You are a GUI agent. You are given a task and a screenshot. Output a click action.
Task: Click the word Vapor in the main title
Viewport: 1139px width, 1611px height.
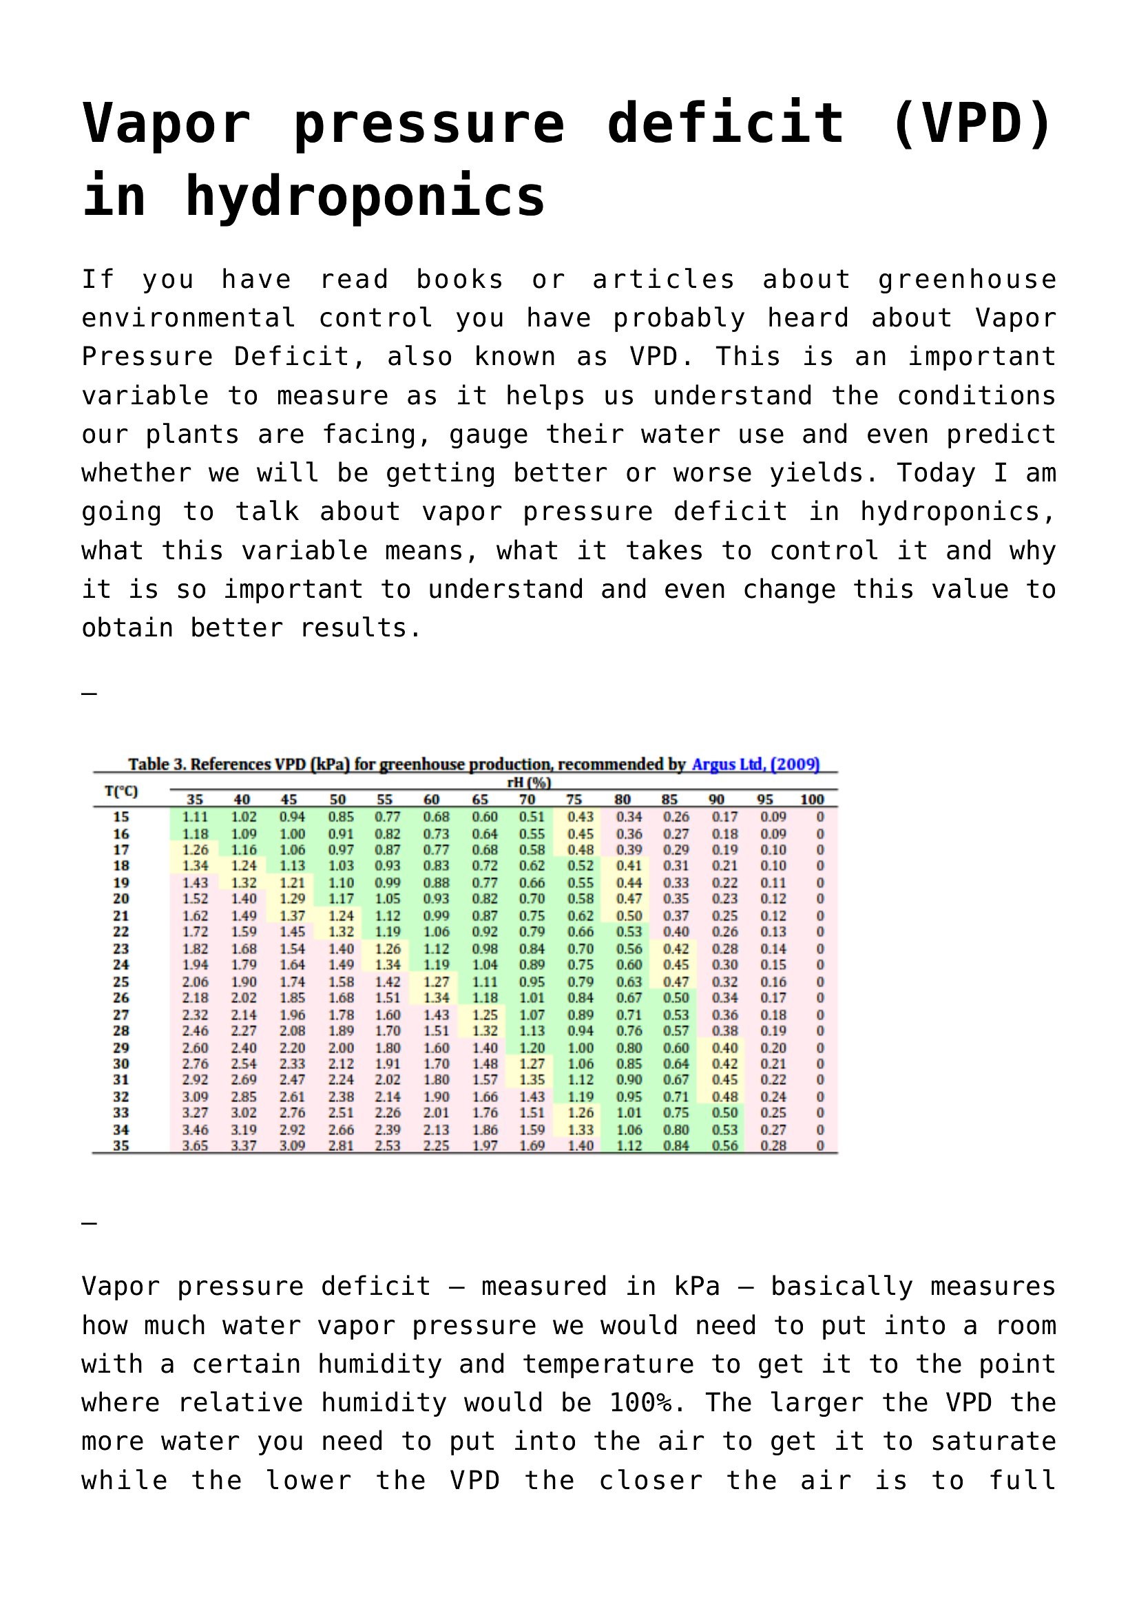[166, 123]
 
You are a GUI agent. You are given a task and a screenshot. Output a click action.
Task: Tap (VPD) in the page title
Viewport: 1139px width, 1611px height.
[972, 123]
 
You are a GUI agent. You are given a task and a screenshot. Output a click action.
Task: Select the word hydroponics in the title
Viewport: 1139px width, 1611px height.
[365, 196]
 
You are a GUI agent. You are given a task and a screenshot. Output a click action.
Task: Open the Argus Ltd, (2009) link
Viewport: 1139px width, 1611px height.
[755, 764]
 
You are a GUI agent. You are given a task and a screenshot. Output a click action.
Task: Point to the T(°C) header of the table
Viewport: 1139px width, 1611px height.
[121, 791]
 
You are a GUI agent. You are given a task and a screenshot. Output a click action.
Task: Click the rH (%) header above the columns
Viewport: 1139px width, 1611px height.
[528, 782]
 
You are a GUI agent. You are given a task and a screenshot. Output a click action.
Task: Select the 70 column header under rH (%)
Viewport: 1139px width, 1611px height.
[527, 799]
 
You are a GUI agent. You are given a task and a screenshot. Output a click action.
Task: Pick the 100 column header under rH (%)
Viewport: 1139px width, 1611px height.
[811, 799]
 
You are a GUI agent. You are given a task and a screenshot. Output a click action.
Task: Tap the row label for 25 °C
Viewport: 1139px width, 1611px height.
[121, 981]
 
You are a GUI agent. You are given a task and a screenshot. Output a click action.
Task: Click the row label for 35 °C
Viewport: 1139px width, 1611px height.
[121, 1146]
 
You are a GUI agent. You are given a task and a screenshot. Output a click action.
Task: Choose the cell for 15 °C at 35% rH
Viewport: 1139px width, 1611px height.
[195, 817]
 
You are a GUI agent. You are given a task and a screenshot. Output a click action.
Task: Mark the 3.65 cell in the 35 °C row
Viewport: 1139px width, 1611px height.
[195, 1146]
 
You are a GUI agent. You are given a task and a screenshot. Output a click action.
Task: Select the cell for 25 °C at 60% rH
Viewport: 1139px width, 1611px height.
[435, 981]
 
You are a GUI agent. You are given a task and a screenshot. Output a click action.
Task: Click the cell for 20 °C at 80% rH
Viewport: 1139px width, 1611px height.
[629, 899]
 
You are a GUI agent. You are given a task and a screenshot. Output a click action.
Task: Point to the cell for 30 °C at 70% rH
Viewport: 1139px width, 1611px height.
[532, 1063]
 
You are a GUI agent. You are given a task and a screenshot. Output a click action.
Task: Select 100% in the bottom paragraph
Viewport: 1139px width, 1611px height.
[640, 1402]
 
